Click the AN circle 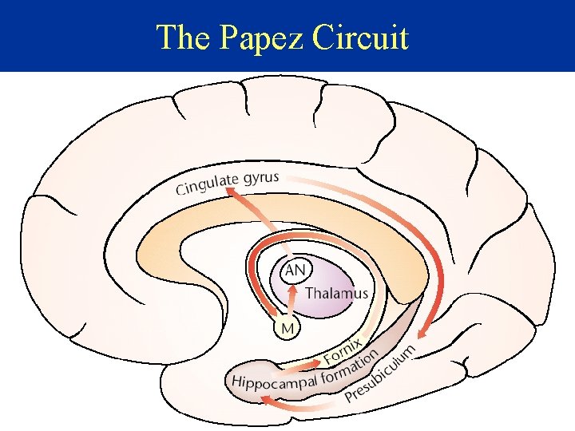point(295,271)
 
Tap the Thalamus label point(336,293)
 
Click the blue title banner point(479,36)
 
